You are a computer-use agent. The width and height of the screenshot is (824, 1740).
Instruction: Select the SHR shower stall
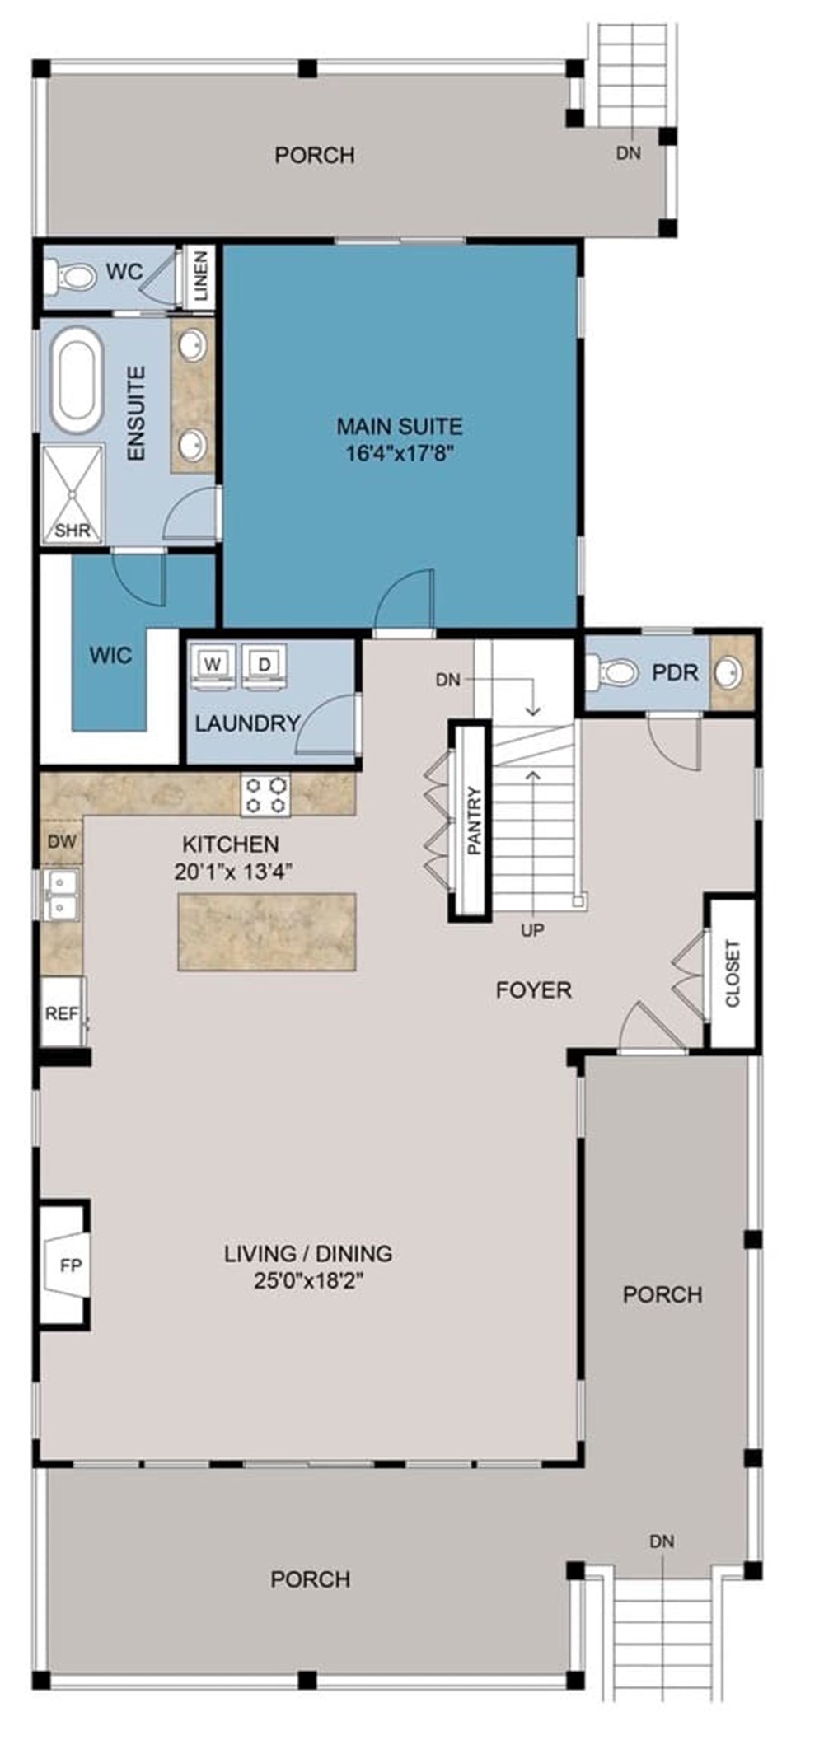pyautogui.click(x=73, y=493)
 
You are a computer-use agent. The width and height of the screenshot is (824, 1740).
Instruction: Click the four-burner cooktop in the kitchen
pyautogui.click(x=266, y=795)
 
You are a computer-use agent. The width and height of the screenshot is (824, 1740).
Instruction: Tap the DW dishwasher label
pyautogui.click(x=62, y=841)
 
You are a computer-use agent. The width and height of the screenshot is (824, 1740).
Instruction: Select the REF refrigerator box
pyautogui.click(x=61, y=1013)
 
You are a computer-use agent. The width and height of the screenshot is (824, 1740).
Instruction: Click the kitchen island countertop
pyautogui.click(x=267, y=932)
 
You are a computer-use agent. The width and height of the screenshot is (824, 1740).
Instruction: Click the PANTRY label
pyautogui.click(x=474, y=821)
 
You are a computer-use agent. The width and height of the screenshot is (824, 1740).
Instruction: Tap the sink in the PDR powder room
pyautogui.click(x=728, y=672)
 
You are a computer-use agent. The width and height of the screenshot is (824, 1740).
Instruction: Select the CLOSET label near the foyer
pyautogui.click(x=733, y=973)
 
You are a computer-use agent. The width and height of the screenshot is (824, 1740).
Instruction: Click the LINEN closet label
pyautogui.click(x=200, y=277)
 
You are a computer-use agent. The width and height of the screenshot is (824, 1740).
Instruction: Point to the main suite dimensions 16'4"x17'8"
pyautogui.click(x=400, y=453)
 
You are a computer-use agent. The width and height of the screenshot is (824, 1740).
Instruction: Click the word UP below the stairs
pyautogui.click(x=532, y=930)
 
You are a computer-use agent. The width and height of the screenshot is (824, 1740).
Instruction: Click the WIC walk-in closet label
pyautogui.click(x=110, y=655)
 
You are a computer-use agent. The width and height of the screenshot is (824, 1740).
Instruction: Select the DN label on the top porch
pyautogui.click(x=628, y=153)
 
